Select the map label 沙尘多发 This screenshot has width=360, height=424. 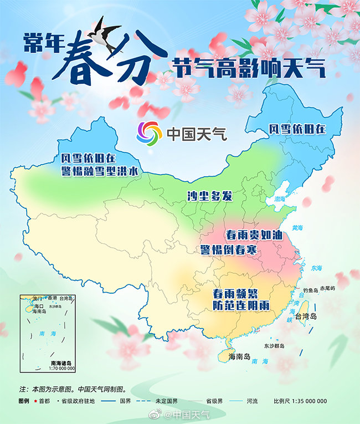pyautogui.click(x=209, y=196)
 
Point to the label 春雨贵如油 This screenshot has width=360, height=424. pyautogui.click(x=255, y=235)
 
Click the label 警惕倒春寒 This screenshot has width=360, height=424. pyautogui.click(x=228, y=249)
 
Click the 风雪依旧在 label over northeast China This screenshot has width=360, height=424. pyautogui.click(x=297, y=129)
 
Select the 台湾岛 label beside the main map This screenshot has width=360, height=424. pyautogui.click(x=305, y=316)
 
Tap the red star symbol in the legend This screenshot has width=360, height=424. pyautogui.click(x=37, y=401)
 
